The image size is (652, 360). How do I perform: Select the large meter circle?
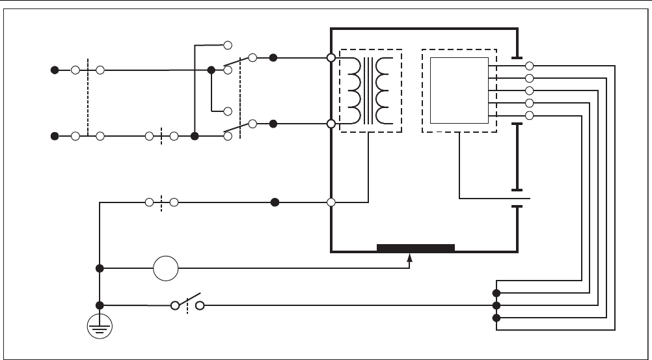tap(165, 268)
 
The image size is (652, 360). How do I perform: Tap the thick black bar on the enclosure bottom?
tap(415, 248)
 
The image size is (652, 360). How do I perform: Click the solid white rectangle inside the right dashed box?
tap(459, 90)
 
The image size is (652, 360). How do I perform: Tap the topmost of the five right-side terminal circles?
tap(529, 66)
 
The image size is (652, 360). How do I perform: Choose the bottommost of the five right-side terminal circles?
tap(529, 115)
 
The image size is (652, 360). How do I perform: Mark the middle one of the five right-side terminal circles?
tap(529, 90)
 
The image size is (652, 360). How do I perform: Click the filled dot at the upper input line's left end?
tap(55, 70)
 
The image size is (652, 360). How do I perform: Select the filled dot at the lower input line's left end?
tap(55, 136)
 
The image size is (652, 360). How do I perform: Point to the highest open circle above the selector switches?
tap(228, 45)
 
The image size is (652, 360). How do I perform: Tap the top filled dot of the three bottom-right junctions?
tap(496, 292)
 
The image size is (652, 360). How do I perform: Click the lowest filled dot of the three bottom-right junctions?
tap(496, 318)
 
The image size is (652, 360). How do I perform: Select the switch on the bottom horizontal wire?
tap(187, 304)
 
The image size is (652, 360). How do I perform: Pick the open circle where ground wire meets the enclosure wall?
tap(331, 202)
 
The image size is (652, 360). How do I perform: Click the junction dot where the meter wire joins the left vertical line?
tap(100, 268)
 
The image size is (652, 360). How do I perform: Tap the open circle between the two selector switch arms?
tap(228, 111)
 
